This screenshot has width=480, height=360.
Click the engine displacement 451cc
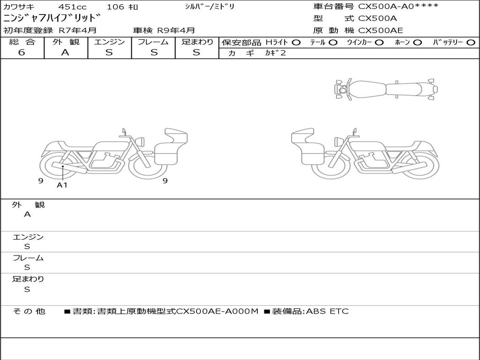[x=72, y=7]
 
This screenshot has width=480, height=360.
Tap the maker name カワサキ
[x=19, y=7]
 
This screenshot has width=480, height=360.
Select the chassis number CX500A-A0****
[x=398, y=6]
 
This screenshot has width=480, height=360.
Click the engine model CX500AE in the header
[x=381, y=30]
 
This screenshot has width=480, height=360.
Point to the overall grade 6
[x=22, y=52]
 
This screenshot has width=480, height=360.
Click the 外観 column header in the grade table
[x=66, y=42]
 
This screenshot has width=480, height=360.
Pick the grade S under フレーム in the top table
[x=154, y=52]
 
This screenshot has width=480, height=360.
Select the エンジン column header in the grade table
[x=109, y=42]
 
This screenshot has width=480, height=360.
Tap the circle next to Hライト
[x=296, y=43]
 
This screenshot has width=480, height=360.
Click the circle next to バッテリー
[x=471, y=43]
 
